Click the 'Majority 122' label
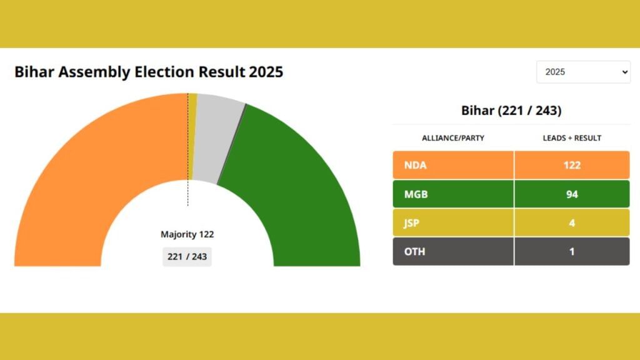pyautogui.click(x=187, y=234)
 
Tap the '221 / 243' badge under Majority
pyautogui.click(x=187, y=256)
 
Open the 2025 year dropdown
pyautogui.click(x=583, y=72)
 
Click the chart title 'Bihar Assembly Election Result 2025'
pyautogui.click(x=149, y=72)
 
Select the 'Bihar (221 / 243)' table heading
pyautogui.click(x=511, y=111)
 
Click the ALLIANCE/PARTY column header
pyautogui.click(x=452, y=137)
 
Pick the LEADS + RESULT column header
pyautogui.click(x=571, y=137)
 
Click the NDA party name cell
pyautogui.click(x=453, y=165)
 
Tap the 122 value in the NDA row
pyautogui.click(x=571, y=165)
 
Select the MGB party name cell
pyautogui.click(x=453, y=194)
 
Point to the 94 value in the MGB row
pyautogui.click(x=571, y=194)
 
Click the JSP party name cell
pyautogui.click(x=453, y=223)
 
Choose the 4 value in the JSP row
pyautogui.click(x=571, y=223)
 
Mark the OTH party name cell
pyautogui.click(x=453, y=251)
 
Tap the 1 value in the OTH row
pyautogui.click(x=571, y=251)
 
